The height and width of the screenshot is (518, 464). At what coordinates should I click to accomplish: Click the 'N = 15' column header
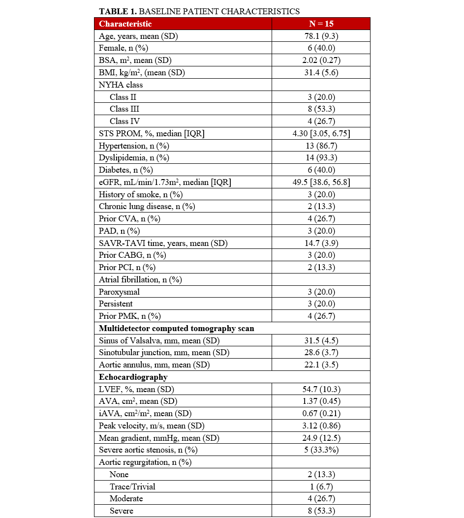click(320, 24)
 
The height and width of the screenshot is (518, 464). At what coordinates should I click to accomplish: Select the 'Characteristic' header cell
click(125, 24)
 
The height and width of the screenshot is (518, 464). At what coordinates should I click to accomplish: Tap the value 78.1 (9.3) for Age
click(320, 36)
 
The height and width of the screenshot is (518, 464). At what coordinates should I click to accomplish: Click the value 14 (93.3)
click(320, 158)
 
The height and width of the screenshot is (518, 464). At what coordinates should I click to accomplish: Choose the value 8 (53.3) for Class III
click(320, 109)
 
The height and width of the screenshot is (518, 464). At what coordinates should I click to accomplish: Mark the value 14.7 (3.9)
click(320, 243)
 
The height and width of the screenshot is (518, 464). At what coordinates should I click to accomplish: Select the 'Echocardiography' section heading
click(133, 377)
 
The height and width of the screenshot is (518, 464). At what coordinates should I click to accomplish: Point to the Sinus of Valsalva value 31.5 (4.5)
click(320, 340)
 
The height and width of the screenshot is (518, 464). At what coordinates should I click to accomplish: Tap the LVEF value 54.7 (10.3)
click(320, 389)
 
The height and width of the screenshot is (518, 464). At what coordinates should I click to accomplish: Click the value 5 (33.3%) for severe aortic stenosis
click(320, 450)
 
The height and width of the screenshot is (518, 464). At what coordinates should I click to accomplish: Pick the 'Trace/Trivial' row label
click(132, 487)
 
